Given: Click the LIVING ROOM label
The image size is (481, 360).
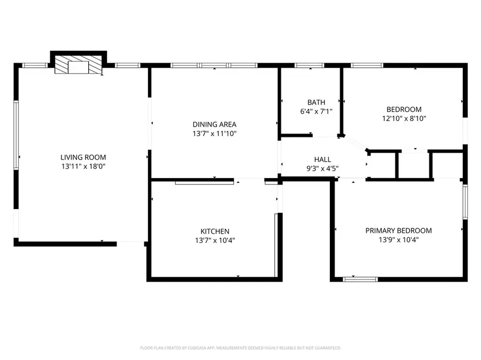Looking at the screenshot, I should (83, 157).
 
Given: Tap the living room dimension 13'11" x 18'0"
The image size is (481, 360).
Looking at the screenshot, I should (83, 166).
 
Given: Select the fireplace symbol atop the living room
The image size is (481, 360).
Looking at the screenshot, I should (79, 66).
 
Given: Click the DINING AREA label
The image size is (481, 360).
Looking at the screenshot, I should (214, 124).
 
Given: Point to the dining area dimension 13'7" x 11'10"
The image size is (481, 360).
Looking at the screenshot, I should (214, 133).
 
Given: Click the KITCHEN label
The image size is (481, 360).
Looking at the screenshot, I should (215, 231).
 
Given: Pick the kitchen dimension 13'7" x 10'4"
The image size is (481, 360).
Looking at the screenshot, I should (215, 240).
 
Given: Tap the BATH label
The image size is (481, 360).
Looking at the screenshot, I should (316, 102).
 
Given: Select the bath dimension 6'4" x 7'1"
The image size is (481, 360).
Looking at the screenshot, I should (316, 111).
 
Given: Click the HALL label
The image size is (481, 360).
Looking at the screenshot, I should (322, 159).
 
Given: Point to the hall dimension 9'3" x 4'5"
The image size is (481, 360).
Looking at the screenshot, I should (322, 168).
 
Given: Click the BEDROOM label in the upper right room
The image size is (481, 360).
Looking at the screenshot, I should (404, 109).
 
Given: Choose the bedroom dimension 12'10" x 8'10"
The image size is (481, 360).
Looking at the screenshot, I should (404, 118).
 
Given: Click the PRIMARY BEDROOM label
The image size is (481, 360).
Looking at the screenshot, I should (398, 230).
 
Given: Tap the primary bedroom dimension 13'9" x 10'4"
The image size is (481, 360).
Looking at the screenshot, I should (398, 240).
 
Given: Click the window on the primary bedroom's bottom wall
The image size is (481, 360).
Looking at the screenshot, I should (360, 279).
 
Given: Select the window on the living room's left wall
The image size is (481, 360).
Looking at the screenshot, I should (16, 136).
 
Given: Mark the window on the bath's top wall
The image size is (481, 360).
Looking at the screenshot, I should (309, 66).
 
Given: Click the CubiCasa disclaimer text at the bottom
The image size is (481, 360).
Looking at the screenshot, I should (241, 348).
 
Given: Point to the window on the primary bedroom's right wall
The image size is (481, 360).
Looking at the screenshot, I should (465, 202).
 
